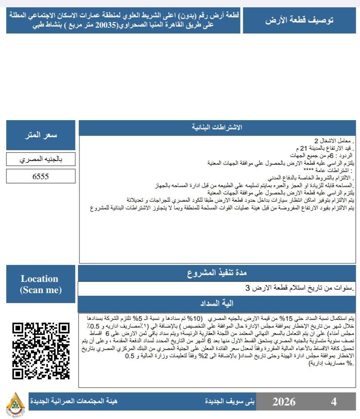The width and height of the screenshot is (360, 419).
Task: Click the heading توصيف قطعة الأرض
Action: pos(299,20)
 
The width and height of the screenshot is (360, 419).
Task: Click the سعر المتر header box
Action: pos(40,135)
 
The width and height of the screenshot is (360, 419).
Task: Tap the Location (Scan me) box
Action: pos(40,284)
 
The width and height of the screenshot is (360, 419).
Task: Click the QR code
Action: pos(40,350)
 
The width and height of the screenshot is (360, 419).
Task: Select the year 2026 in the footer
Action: pos(284,402)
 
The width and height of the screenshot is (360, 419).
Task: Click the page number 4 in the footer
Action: pos(334,402)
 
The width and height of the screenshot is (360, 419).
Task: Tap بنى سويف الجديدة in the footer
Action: pos(230,401)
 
